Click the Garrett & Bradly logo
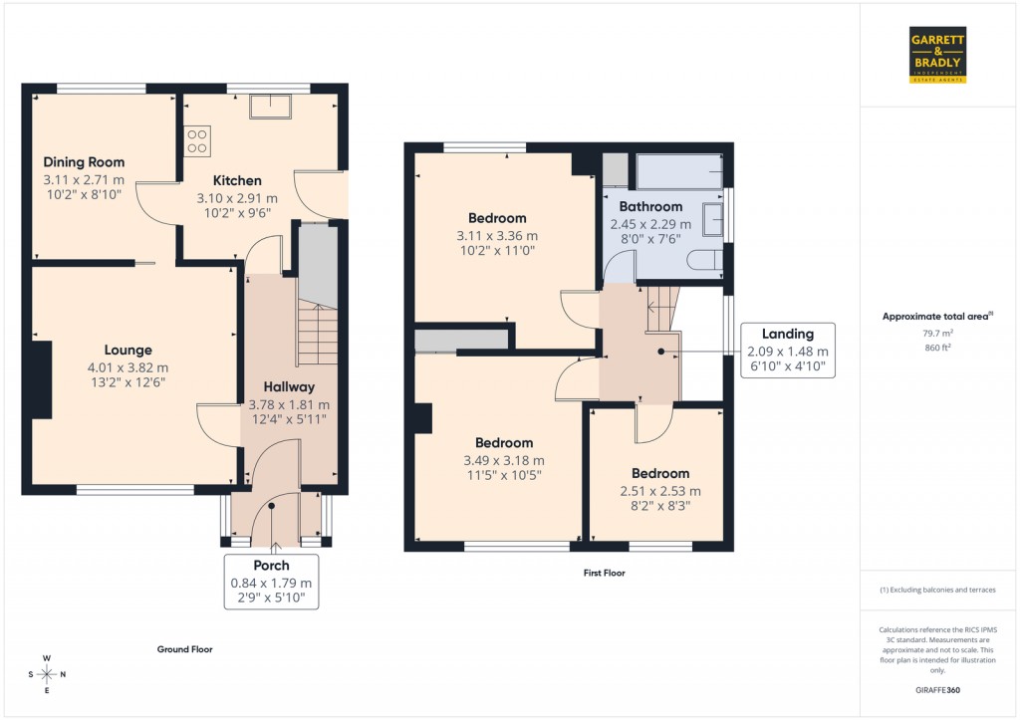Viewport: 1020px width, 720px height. pos(938,55)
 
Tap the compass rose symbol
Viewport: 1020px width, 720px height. pos(47,674)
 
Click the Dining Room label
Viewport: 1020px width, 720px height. pos(84,162)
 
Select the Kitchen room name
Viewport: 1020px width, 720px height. pos(237,180)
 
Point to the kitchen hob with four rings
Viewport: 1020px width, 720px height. pos(197,140)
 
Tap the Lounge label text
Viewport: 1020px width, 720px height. pos(127,350)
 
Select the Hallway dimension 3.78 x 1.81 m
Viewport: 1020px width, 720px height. pos(289,404)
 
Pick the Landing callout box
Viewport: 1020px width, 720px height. pos(788,351)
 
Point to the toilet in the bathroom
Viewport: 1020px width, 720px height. pos(703,261)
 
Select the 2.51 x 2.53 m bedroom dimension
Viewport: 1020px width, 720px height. pos(659,491)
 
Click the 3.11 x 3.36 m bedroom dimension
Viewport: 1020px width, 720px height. pos(496,236)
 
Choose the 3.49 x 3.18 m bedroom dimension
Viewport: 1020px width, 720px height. pos(503,460)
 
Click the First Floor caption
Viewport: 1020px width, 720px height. pos(605,573)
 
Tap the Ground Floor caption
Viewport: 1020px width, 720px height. pos(184,649)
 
